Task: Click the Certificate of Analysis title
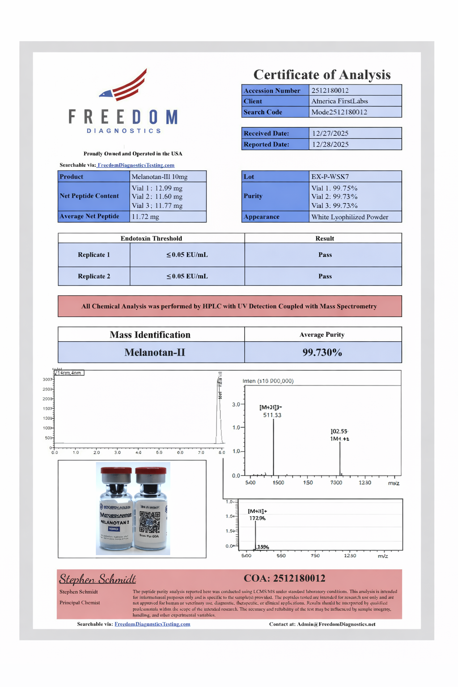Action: (x=322, y=75)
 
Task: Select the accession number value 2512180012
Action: (x=330, y=90)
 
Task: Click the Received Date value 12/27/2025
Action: (x=330, y=133)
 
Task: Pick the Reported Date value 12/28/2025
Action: (x=330, y=144)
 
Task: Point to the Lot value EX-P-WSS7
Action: (x=330, y=177)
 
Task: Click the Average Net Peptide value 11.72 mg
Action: (x=145, y=217)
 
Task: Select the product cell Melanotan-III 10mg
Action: (x=160, y=177)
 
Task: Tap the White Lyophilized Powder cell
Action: (x=350, y=217)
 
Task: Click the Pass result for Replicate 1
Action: (x=325, y=255)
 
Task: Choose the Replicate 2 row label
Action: (x=94, y=276)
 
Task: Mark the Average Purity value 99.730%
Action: (x=322, y=352)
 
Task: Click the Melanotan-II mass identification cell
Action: (x=155, y=352)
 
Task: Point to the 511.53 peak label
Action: (x=272, y=415)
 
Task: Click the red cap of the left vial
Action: (x=116, y=472)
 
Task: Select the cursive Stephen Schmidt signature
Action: (x=98, y=579)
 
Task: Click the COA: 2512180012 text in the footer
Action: (x=284, y=578)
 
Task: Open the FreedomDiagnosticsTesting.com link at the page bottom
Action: (x=152, y=624)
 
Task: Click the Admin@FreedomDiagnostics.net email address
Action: (x=336, y=624)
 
